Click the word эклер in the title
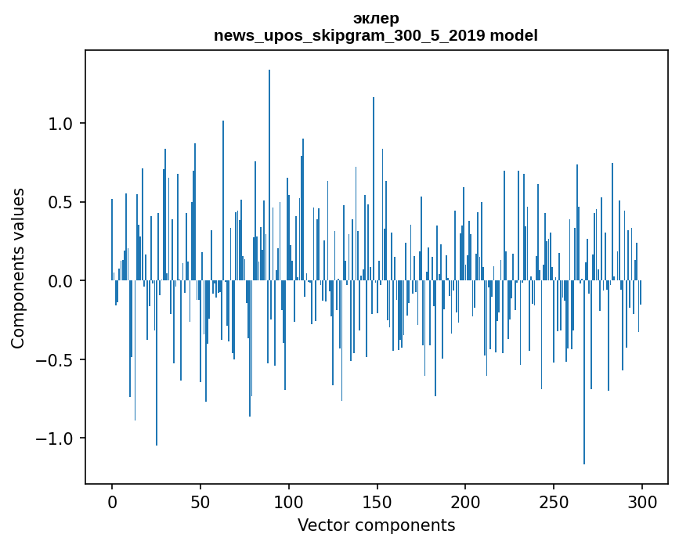click(376, 19)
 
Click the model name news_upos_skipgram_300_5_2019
click(349, 35)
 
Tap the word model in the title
click(514, 35)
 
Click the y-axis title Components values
click(18, 269)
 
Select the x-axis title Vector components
click(376, 525)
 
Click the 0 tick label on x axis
click(112, 503)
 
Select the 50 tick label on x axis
click(200, 503)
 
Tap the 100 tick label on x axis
click(288, 503)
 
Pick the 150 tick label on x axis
click(377, 503)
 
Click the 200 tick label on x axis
click(465, 503)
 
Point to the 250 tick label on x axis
click(554, 503)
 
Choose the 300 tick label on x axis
click(641, 503)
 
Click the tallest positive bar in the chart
click(269, 175)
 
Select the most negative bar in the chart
click(584, 372)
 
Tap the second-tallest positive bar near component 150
click(374, 189)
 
